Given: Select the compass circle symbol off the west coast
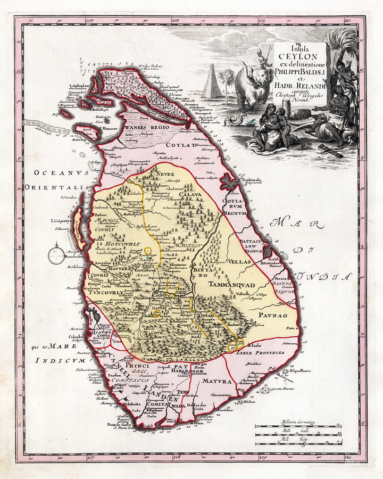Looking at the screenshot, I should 56,256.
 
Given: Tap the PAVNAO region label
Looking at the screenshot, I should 274,316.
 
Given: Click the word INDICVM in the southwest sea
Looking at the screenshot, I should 53,360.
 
